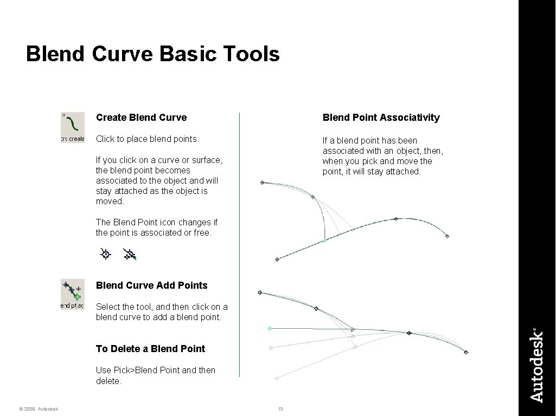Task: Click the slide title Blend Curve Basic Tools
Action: point(152,54)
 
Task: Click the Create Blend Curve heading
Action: point(141,118)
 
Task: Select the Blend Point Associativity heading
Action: point(381,118)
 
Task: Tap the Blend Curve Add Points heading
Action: point(151,285)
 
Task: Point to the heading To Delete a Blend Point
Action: point(150,349)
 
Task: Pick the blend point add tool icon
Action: point(72,294)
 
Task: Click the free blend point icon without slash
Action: point(105,253)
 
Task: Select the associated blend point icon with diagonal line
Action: point(129,253)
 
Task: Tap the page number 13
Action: point(280,408)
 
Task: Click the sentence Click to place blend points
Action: point(148,139)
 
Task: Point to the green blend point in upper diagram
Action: point(324,240)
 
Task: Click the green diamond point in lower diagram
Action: point(270,328)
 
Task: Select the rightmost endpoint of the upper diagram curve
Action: point(447,236)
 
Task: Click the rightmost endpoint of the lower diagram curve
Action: point(466,353)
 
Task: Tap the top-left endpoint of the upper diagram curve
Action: point(262,183)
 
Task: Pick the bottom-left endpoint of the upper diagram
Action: point(277,259)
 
